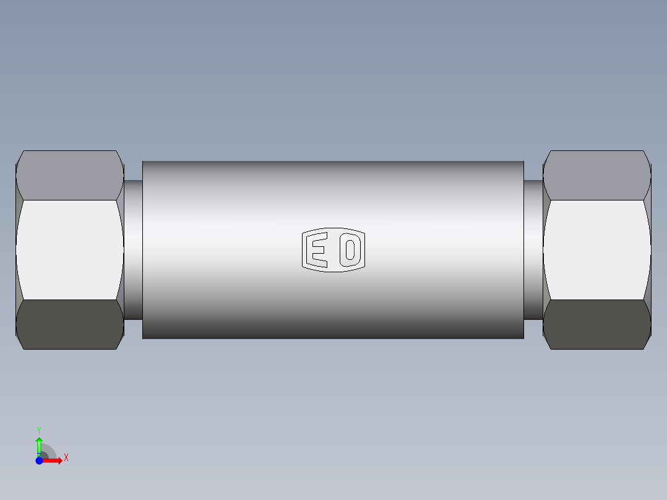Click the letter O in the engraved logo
point(350,251)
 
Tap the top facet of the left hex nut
point(69,175)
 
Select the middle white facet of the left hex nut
point(69,250)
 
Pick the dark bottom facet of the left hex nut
point(69,324)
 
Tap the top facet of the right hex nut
point(596,175)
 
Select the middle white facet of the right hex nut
point(596,250)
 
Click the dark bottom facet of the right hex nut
point(596,324)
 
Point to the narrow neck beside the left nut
point(134,250)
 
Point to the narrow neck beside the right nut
point(533,250)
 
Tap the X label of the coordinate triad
point(66,458)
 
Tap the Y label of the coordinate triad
point(39,429)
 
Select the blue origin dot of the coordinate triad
point(39,460)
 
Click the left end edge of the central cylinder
point(143,250)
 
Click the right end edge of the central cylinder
point(523,250)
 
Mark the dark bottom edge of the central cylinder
point(333,337)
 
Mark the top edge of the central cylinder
point(333,162)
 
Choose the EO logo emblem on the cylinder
point(333,251)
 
